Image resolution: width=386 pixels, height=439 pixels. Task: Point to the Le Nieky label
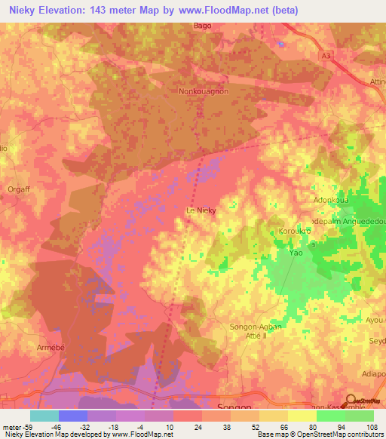(201, 211)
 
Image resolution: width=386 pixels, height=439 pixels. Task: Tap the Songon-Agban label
(254, 326)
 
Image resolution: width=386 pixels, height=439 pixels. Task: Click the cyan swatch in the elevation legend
(44, 416)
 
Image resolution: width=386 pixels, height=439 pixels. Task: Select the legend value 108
(365, 427)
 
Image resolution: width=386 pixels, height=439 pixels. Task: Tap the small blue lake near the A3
(281, 44)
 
